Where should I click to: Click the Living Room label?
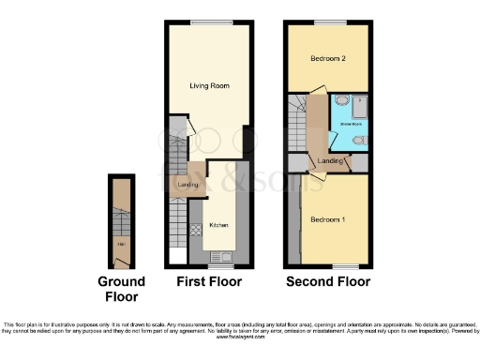pos(210,86)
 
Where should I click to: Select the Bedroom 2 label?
pos(328,59)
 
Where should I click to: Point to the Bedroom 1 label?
pos(328,219)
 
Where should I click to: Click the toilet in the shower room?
pos(360,141)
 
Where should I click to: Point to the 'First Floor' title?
pos(209,281)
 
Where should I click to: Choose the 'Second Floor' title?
pos(328,281)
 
